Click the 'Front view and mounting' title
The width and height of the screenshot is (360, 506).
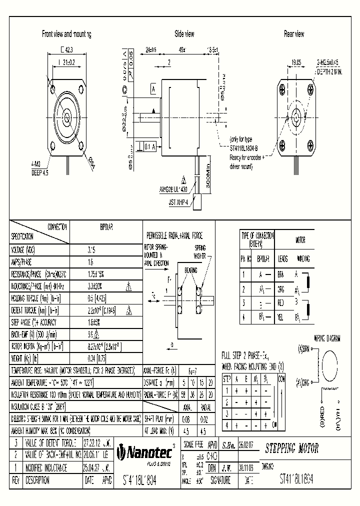point(66,34)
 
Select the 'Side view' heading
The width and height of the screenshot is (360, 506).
point(184,34)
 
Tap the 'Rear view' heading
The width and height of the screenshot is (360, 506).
point(293,34)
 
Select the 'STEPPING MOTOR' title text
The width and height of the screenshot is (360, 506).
point(291,448)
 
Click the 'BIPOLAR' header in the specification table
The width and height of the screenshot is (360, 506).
point(106,226)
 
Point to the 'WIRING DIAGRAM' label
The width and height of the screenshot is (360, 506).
point(327,338)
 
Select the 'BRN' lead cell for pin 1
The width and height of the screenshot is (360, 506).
point(281,274)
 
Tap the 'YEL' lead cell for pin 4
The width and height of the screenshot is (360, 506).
point(281,317)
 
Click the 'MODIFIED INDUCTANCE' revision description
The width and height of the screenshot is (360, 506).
point(45,467)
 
